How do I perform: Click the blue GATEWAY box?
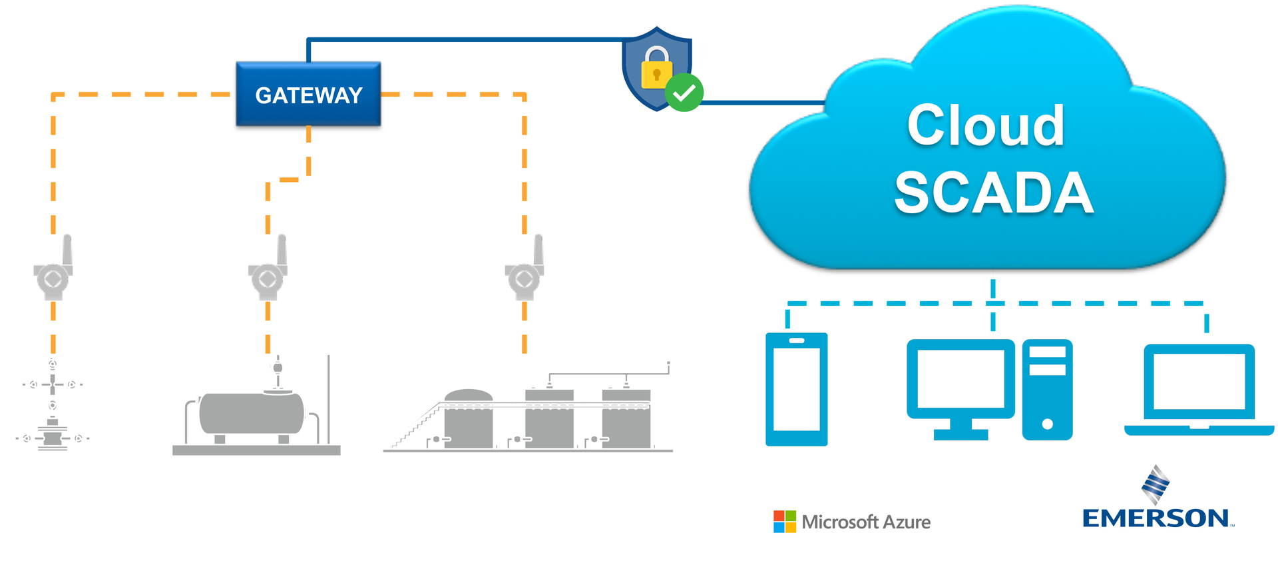(x=308, y=95)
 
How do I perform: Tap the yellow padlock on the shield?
(x=656, y=69)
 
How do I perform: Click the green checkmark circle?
(x=684, y=93)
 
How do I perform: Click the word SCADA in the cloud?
(x=993, y=193)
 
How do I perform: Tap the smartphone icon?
(x=796, y=389)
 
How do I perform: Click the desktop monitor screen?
(x=960, y=378)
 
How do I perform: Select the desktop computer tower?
(x=1047, y=389)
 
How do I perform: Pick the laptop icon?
(x=1199, y=389)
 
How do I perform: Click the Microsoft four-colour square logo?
(x=784, y=522)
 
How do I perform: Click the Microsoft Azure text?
(x=866, y=522)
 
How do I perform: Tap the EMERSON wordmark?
(x=1156, y=518)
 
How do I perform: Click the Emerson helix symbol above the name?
(x=1156, y=484)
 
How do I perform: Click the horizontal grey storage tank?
(x=252, y=413)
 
